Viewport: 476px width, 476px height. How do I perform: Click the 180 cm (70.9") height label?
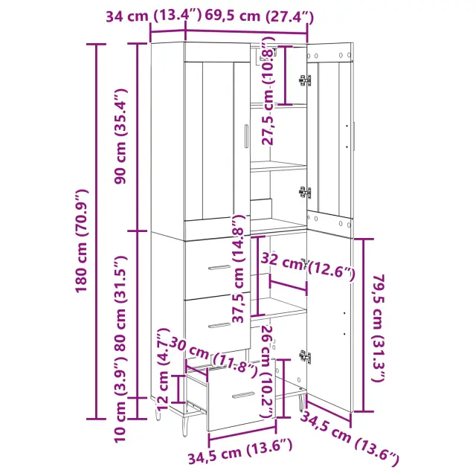click(81, 241)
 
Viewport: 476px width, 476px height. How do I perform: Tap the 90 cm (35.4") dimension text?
click(120, 137)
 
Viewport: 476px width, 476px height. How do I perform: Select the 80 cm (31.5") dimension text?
click(120, 303)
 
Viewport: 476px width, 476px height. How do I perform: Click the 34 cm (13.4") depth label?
click(153, 16)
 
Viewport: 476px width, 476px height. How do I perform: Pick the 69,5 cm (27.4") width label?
click(260, 16)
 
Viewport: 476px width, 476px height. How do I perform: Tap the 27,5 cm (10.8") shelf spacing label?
click(268, 91)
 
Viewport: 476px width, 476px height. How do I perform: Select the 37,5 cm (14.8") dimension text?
click(238, 268)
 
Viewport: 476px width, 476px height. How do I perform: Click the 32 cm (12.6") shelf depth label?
click(307, 266)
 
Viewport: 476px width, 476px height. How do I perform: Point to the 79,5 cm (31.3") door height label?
click(379, 328)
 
